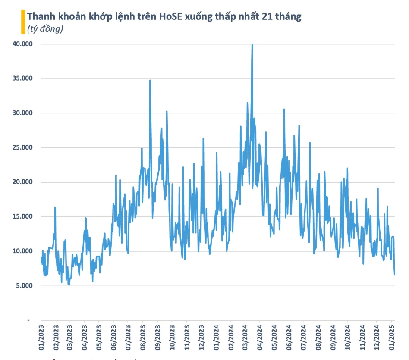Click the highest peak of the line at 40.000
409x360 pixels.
click(x=252, y=44)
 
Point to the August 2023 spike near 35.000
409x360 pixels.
click(x=150, y=81)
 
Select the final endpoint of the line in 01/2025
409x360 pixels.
click(x=394, y=275)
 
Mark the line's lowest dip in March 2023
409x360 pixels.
click(x=69, y=285)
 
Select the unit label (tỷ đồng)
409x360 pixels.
click(x=45, y=29)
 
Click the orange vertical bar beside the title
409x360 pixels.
click(x=23, y=22)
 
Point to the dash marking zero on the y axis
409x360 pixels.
click(x=28, y=320)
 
